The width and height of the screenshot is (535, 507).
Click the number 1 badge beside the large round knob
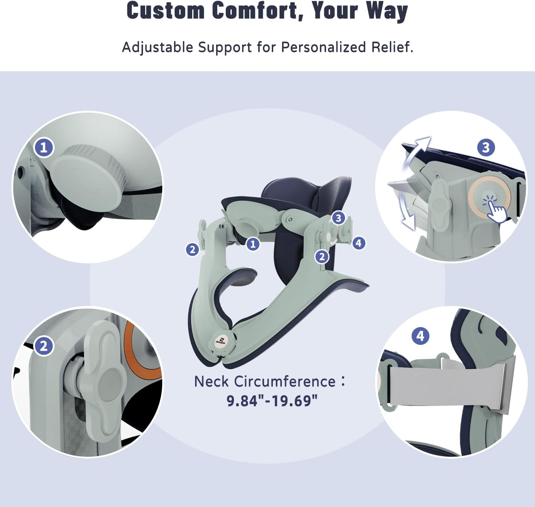(44, 148)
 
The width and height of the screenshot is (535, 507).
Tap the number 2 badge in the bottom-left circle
(44, 346)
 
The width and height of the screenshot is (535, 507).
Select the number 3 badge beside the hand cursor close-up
(486, 147)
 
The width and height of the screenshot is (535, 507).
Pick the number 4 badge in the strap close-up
(421, 336)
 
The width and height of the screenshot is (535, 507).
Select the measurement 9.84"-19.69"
(272, 400)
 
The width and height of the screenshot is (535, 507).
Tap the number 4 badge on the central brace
(358, 243)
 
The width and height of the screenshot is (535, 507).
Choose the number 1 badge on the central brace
(253, 244)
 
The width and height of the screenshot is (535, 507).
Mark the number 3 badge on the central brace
(338, 218)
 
